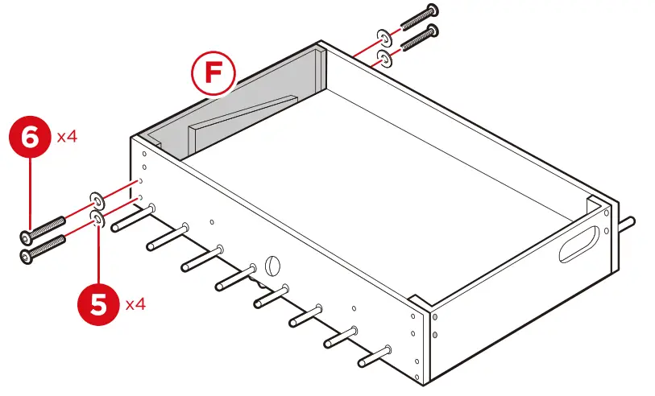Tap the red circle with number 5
pos(97,305)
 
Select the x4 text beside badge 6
pos(68,137)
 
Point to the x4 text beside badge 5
pos(135,304)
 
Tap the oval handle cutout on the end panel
pos(581,243)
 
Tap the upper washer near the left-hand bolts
pos(95,199)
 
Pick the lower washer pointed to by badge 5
pos(97,219)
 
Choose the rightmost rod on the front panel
pos(375,356)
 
